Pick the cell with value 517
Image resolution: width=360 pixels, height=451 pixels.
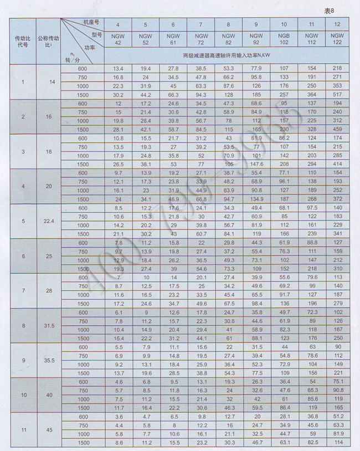(x=337, y=95)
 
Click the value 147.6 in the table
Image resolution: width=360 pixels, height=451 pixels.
(x=256, y=164)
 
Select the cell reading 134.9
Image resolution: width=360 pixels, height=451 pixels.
(x=256, y=199)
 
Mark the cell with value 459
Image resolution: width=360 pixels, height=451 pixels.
(x=337, y=130)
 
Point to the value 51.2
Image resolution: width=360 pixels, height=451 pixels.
(x=337, y=416)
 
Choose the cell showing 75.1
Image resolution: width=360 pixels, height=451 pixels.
(x=337, y=381)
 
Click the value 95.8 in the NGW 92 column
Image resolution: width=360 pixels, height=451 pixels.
(x=256, y=77)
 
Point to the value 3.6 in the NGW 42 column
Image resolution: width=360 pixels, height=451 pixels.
(x=118, y=416)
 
